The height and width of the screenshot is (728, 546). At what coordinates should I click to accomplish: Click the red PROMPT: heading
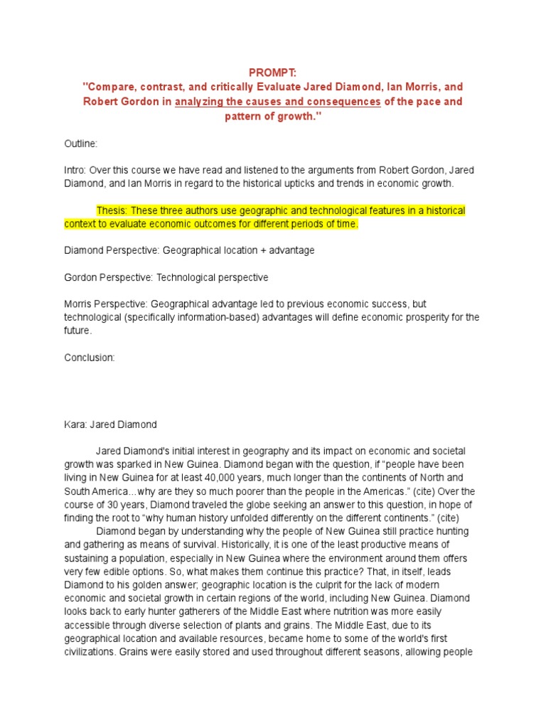point(272,73)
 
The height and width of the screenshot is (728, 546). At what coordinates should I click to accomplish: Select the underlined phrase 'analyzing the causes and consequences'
point(278,102)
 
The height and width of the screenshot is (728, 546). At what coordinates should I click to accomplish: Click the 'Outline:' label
point(80,144)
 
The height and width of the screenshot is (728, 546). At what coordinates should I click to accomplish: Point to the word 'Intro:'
point(76,171)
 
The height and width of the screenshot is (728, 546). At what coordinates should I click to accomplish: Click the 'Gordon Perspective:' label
point(107,277)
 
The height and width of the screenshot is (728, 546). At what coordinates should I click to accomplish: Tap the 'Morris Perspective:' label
point(104,304)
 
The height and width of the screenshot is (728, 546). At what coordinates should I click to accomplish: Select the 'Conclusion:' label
point(89,358)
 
